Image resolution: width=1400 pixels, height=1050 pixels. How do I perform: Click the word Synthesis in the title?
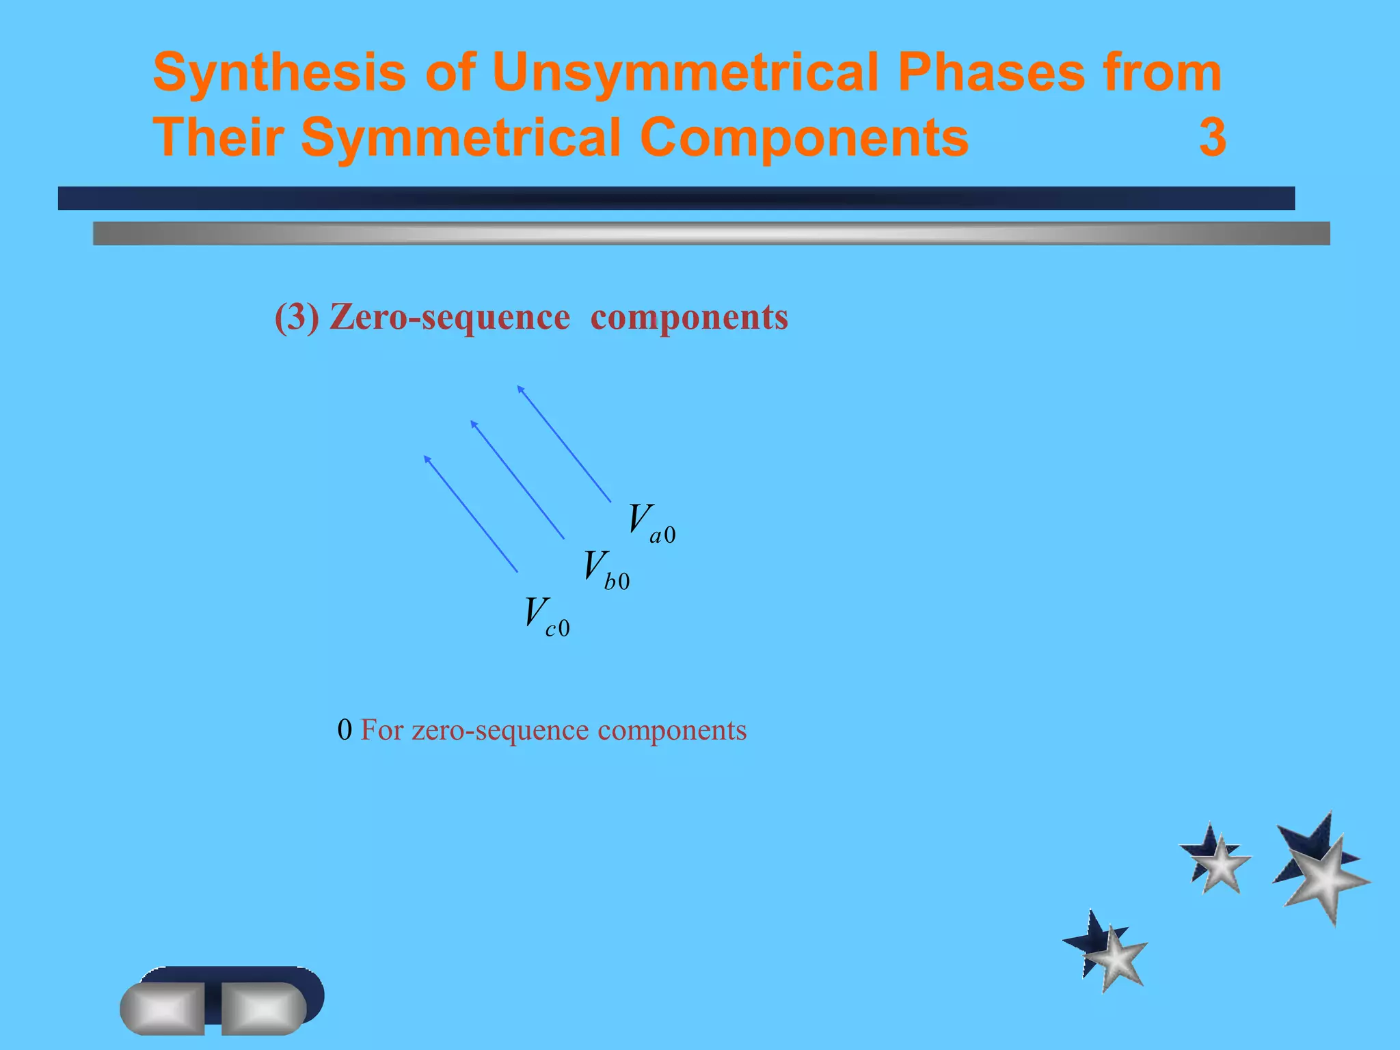tap(279, 72)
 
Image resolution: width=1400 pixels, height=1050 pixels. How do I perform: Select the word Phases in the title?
tap(991, 72)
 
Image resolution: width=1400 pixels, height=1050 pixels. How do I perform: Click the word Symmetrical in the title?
tap(461, 138)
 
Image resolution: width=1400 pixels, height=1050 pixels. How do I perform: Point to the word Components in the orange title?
tap(804, 138)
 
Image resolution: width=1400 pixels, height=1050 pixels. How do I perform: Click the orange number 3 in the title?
tap(1212, 138)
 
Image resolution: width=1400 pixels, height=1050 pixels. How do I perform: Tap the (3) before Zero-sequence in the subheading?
tap(297, 318)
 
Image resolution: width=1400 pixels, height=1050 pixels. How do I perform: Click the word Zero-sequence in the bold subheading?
tap(449, 318)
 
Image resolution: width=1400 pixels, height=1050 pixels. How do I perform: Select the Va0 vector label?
tap(651, 524)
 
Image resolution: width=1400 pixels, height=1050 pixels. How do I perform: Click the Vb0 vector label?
tap(606, 570)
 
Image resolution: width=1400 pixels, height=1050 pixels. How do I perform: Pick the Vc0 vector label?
tap(546, 617)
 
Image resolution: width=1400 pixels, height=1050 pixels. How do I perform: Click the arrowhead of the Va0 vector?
tap(520, 389)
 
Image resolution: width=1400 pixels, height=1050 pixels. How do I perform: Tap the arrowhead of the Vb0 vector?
tap(474, 424)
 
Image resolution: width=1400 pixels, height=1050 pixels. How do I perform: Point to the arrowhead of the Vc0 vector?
tap(427, 458)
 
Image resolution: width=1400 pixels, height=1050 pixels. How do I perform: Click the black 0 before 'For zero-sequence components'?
tap(345, 731)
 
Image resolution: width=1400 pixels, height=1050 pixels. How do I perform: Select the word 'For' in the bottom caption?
tap(381, 731)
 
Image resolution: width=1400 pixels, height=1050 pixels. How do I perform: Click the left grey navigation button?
tap(163, 1008)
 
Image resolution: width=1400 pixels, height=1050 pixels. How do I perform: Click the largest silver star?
tap(1326, 880)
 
